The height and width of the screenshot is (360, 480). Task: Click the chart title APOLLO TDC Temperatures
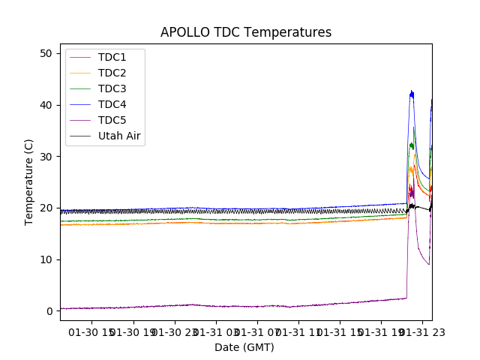pyautogui.click(x=246, y=32)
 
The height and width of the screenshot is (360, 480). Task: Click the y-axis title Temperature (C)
pyautogui.click(x=29, y=181)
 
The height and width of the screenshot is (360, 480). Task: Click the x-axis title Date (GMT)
pyautogui.click(x=244, y=347)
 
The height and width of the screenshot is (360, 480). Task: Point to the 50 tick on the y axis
pyautogui.click(x=46, y=53)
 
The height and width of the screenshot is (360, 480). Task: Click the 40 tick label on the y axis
pyautogui.click(x=46, y=105)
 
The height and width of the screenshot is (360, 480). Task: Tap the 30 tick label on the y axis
pyautogui.click(x=46, y=157)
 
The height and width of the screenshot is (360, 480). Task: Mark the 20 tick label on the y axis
pyautogui.click(x=46, y=208)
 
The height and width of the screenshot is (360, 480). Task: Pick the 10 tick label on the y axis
pyautogui.click(x=46, y=259)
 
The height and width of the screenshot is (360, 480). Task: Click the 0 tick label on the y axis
pyautogui.click(x=49, y=311)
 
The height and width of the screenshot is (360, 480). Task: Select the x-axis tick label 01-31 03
pyautogui.click(x=216, y=331)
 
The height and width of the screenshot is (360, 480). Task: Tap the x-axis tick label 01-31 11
pyautogui.click(x=298, y=331)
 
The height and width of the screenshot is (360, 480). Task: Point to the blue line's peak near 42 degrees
pyautogui.click(x=411, y=93)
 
